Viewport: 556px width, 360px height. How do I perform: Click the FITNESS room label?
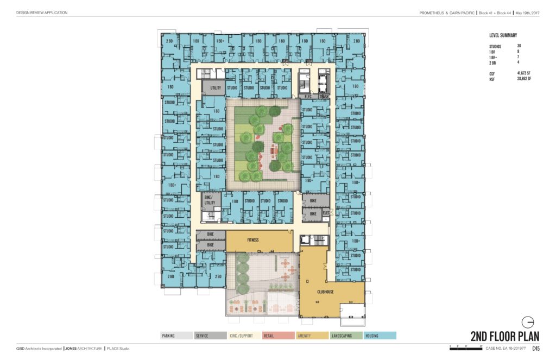(x=252, y=240)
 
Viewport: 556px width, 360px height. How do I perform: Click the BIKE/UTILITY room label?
(x=210, y=200)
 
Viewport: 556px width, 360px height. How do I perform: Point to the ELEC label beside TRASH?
(x=308, y=97)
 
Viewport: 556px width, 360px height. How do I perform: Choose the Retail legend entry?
(x=278, y=336)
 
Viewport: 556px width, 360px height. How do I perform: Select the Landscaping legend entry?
(x=345, y=336)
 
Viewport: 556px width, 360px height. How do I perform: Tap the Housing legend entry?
(x=380, y=336)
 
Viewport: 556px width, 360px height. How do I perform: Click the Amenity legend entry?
(x=312, y=336)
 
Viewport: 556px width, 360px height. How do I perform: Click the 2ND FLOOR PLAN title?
(x=504, y=336)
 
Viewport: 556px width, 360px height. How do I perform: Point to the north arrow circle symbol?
(x=528, y=321)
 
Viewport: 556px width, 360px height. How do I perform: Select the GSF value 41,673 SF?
(x=524, y=73)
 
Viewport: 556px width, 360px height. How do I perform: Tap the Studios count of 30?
(x=519, y=46)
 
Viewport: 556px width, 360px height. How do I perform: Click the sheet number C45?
(x=536, y=349)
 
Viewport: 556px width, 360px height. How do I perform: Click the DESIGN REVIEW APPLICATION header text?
(x=42, y=12)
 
